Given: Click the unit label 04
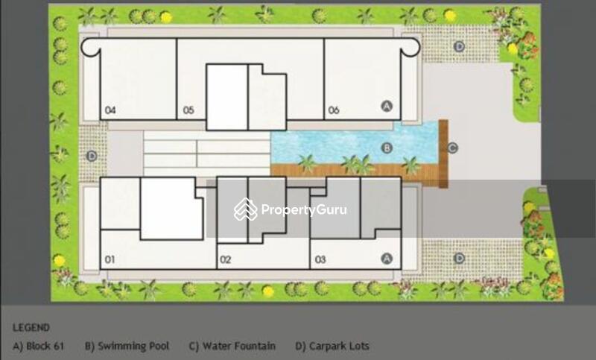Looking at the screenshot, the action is (110, 110).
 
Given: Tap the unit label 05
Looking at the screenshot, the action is (188, 110).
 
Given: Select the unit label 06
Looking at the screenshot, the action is (333, 110).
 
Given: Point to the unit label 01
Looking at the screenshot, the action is (110, 259).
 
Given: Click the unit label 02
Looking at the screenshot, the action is (226, 259).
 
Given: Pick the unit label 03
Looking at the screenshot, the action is (320, 259).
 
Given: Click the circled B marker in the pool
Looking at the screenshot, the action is (387, 148).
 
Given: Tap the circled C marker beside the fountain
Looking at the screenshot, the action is (452, 148).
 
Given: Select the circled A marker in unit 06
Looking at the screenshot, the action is (387, 106).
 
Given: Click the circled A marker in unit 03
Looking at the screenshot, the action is (387, 259).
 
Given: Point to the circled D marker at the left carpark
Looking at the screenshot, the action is (92, 156).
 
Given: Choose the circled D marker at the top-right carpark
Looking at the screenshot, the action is (459, 47).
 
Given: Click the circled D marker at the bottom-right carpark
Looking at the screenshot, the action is (459, 259).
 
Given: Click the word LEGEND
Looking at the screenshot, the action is (31, 327).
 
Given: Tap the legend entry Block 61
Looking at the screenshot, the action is (39, 346).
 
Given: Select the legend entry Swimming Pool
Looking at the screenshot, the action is (127, 346).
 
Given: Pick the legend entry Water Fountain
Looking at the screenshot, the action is (232, 346).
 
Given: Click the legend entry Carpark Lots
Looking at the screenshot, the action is (332, 346).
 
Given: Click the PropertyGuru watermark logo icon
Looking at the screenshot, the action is (246, 209).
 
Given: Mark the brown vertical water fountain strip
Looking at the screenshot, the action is (443, 154).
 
